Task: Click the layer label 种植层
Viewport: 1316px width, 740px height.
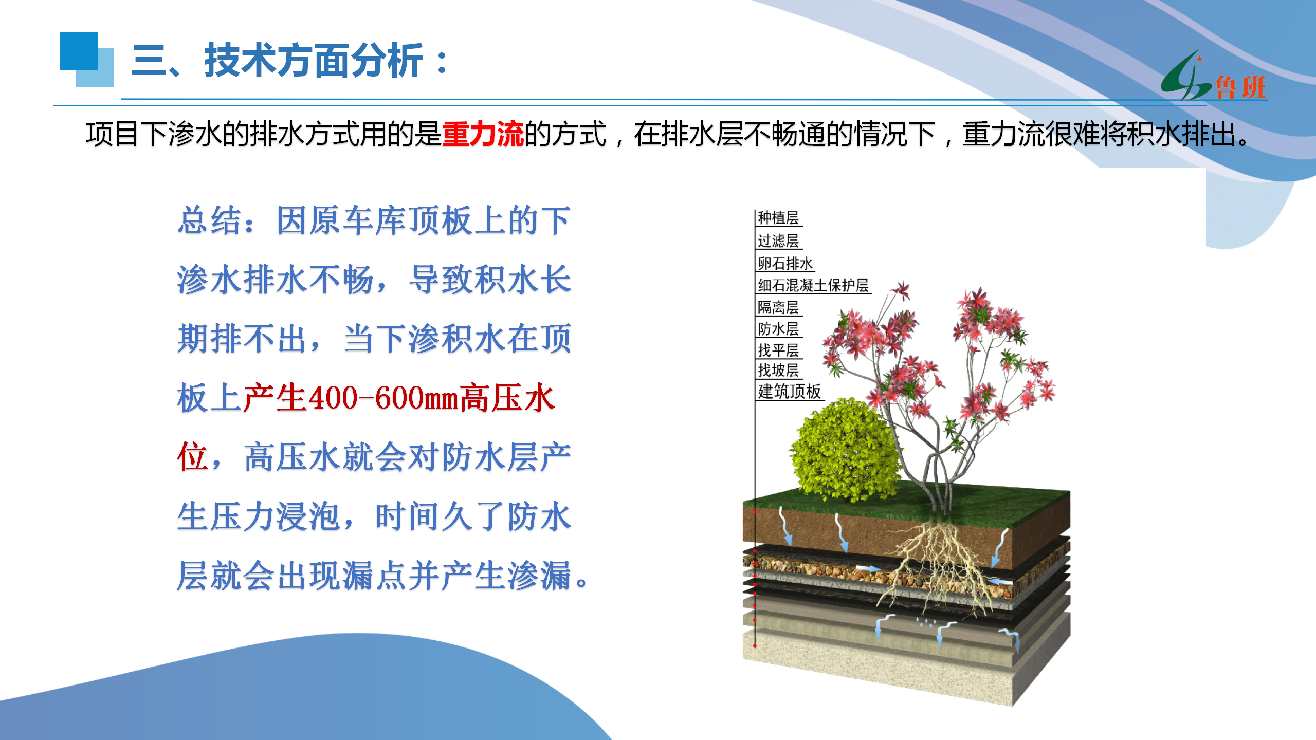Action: pyautogui.click(x=778, y=218)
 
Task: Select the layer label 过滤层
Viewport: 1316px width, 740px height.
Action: pyautogui.click(x=778, y=240)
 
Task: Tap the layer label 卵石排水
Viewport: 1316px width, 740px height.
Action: pyautogui.click(x=785, y=263)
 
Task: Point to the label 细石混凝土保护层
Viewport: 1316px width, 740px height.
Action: pyautogui.click(x=813, y=285)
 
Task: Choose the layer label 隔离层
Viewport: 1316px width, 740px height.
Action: pyautogui.click(x=778, y=307)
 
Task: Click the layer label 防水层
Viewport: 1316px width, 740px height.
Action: pyautogui.click(x=778, y=328)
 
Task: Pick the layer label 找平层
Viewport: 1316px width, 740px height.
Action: pyautogui.click(x=778, y=350)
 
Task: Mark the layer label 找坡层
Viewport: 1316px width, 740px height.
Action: pyautogui.click(x=778, y=370)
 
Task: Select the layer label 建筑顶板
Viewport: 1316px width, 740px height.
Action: pyautogui.click(x=790, y=392)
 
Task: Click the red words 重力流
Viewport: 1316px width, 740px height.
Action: pyautogui.click(x=483, y=134)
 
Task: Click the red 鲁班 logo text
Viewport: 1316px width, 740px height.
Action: pyautogui.click(x=1240, y=87)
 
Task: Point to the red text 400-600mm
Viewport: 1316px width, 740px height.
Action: pyautogui.click(x=383, y=398)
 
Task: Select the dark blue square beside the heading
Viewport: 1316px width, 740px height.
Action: pyautogui.click(x=79, y=51)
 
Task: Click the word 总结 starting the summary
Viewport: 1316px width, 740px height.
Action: pyautogui.click(x=210, y=220)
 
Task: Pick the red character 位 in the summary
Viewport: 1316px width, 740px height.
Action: pyautogui.click(x=192, y=456)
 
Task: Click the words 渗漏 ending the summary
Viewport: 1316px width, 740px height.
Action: pyautogui.click(x=540, y=575)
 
